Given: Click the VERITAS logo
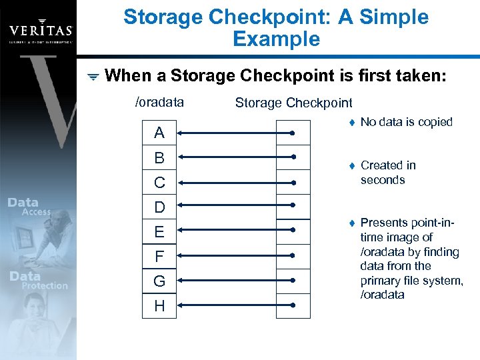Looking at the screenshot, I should point(39,31).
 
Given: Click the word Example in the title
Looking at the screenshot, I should point(276,39).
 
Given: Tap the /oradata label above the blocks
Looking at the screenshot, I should point(159,103).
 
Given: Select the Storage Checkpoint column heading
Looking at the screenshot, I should point(293,103).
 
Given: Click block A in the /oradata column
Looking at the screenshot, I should point(159,133).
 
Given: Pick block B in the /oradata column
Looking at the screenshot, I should point(159,158).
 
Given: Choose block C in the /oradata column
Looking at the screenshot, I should point(159,183).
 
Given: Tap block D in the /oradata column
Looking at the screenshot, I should point(159,207).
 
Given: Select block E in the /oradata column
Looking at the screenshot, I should point(159,232).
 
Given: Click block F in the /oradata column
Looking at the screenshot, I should point(159,257).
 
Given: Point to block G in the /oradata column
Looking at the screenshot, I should point(159,281).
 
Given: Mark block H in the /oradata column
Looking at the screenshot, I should point(159,306).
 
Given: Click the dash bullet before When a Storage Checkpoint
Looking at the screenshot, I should point(93,77).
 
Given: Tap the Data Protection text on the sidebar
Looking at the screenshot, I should point(39,281).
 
